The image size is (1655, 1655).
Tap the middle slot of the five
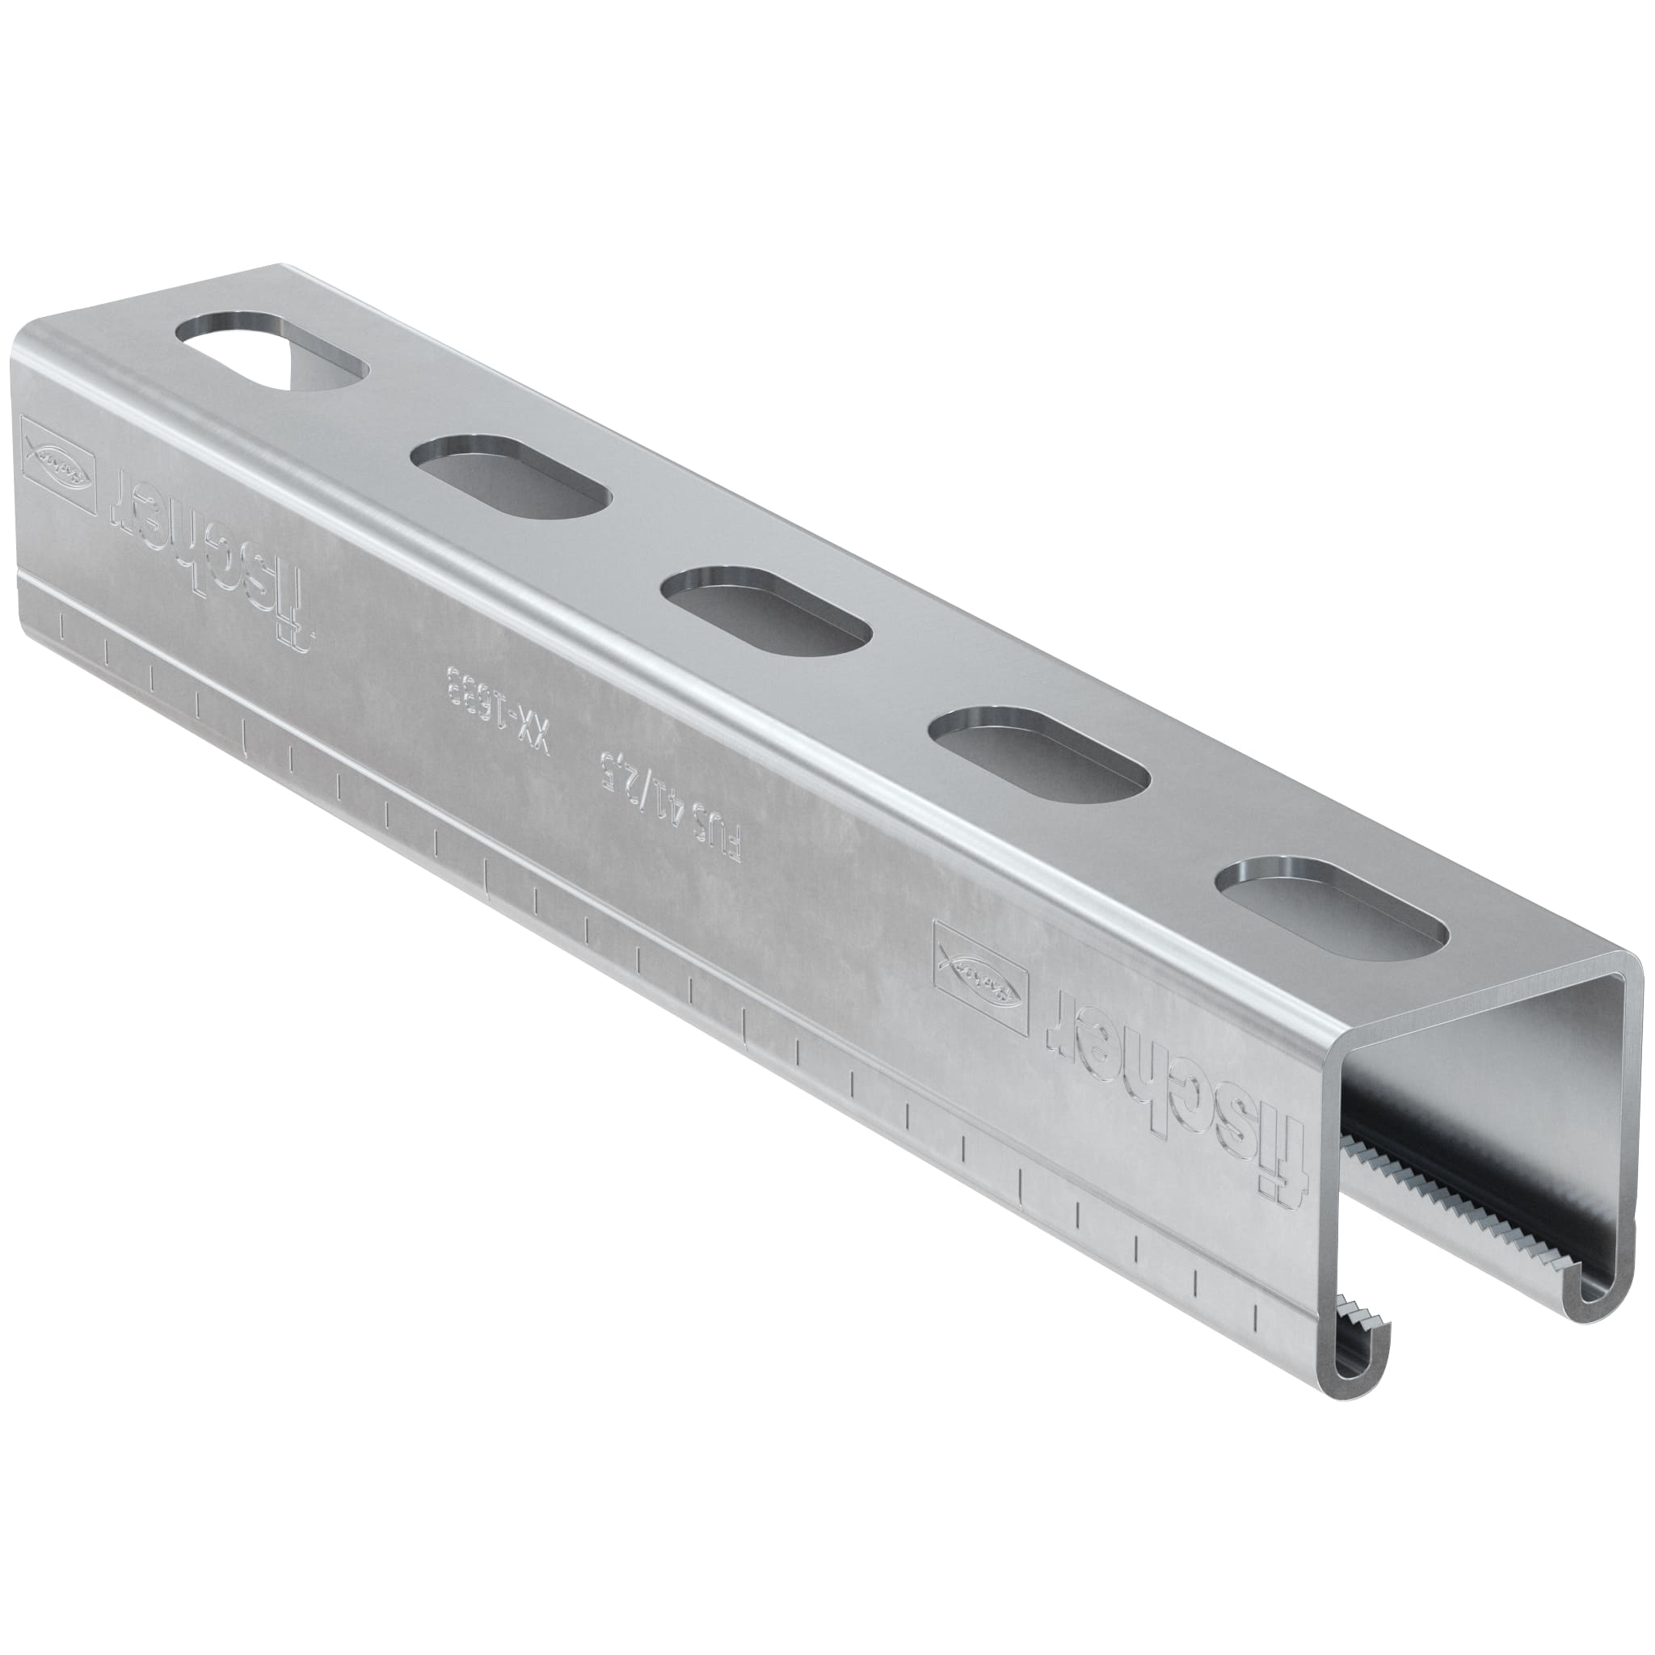pos(767,608)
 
